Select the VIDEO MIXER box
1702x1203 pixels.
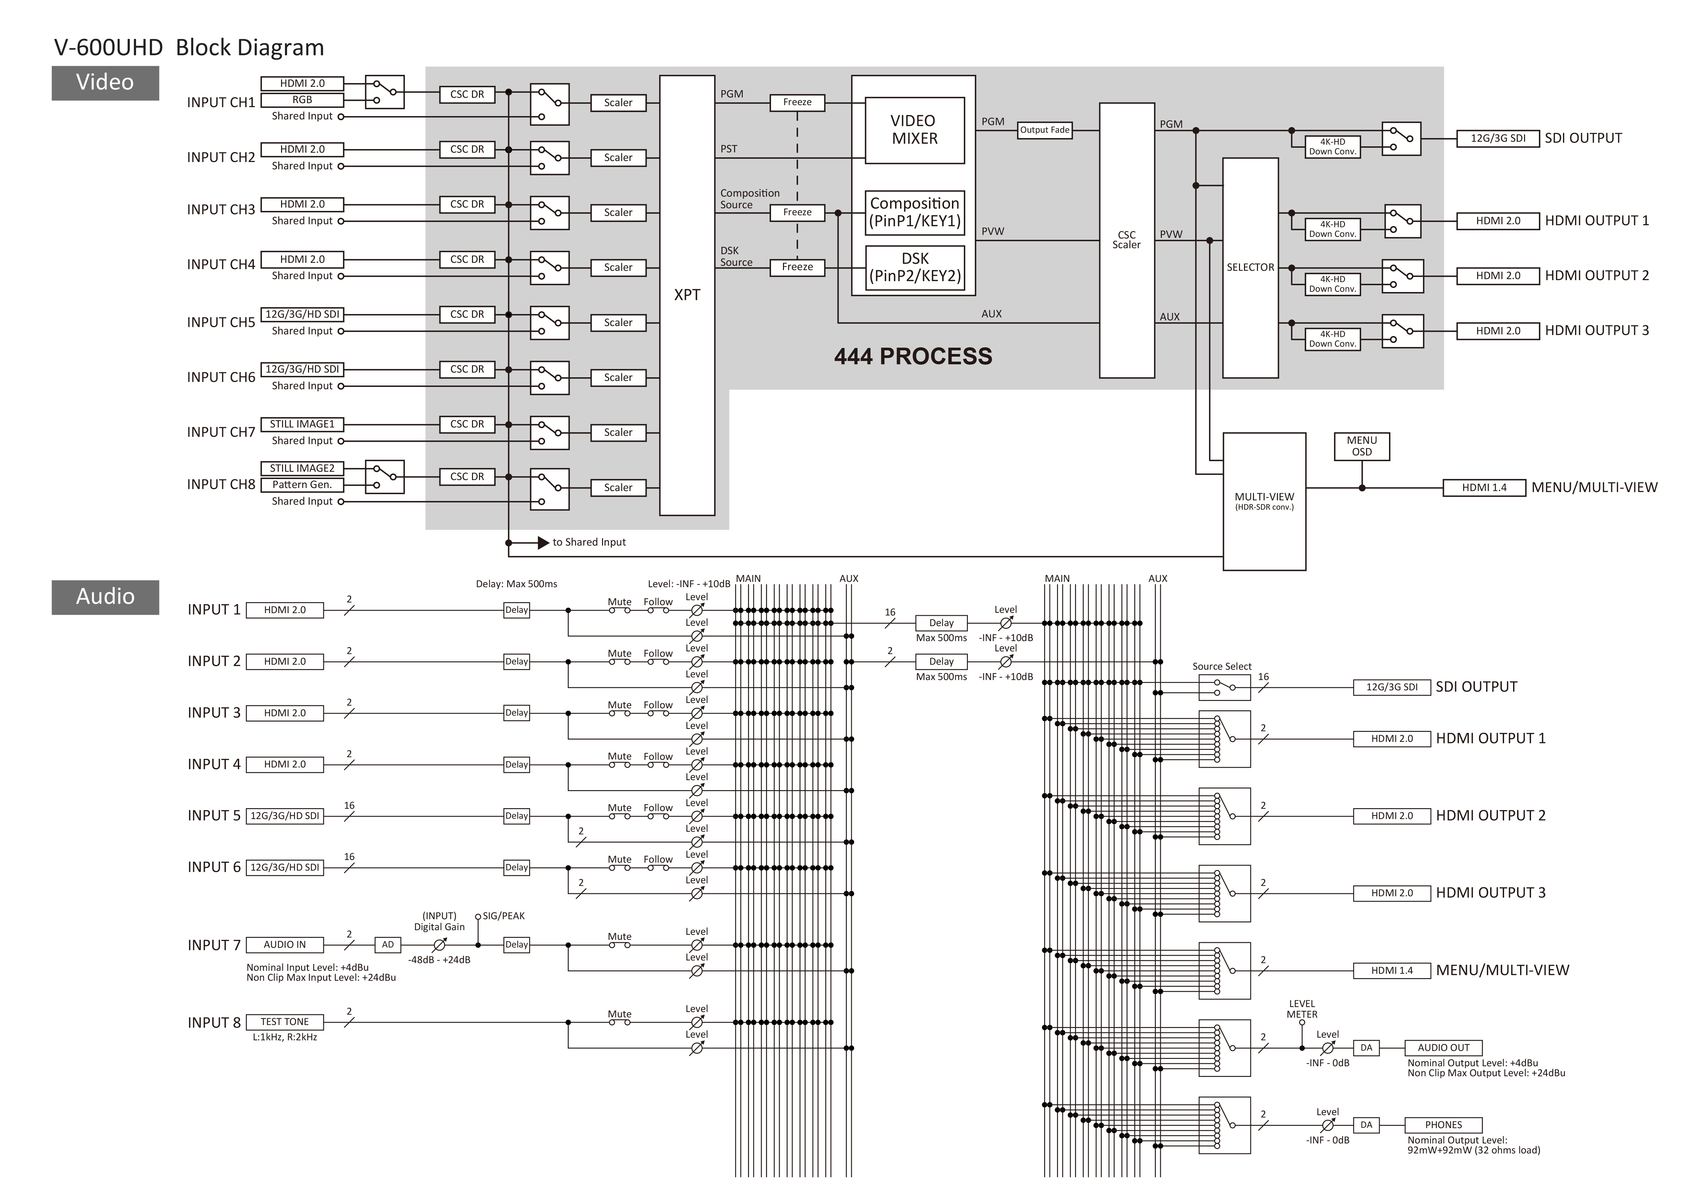pyautogui.click(x=915, y=130)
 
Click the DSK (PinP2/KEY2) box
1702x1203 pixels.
pyautogui.click(x=915, y=267)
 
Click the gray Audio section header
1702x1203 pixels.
pyautogui.click(x=105, y=597)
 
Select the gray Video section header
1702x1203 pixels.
pyautogui.click(x=105, y=82)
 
